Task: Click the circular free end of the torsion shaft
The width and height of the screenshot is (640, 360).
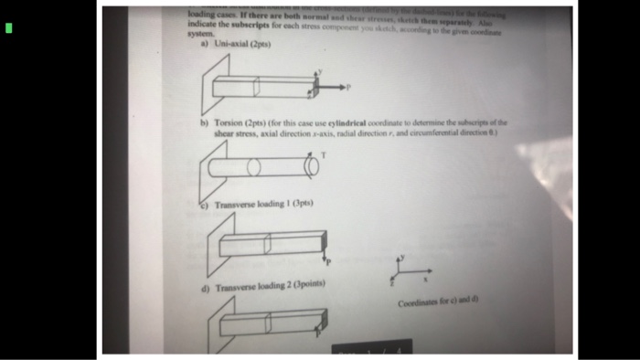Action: click(312, 167)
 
